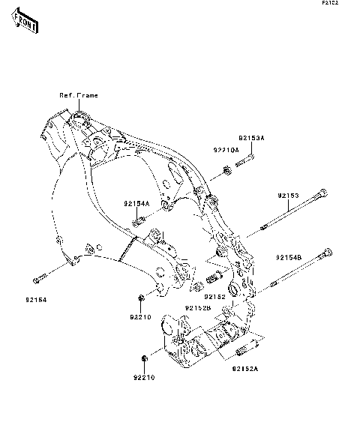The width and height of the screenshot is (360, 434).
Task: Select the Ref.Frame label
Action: click(79, 95)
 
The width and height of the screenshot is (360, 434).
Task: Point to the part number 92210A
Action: click(225, 150)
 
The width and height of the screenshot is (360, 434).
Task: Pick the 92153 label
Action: click(288, 196)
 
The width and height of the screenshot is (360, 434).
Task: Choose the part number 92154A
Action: click(137, 203)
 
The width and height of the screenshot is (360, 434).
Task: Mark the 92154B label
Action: click(288, 257)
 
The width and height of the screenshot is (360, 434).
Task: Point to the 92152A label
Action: click(244, 369)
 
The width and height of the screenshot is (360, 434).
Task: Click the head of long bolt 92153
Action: click(322, 196)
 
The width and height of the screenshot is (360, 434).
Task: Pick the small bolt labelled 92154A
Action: click(138, 220)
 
